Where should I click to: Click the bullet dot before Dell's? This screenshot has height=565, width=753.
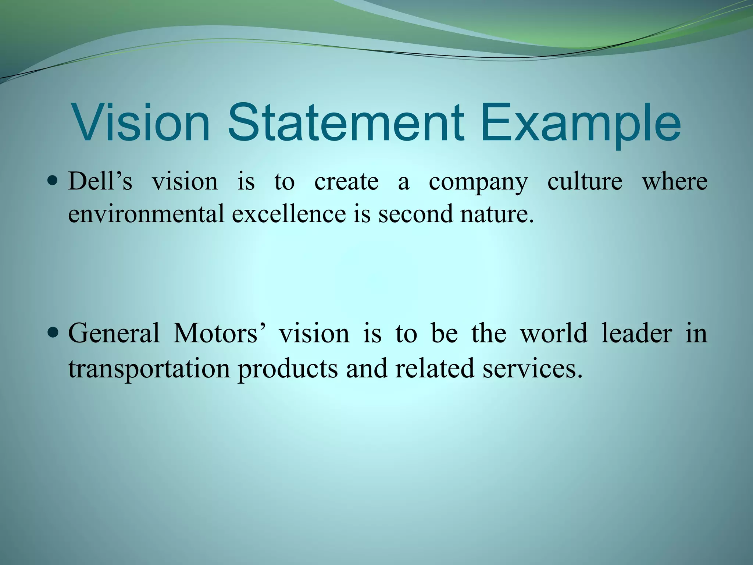tap(53, 181)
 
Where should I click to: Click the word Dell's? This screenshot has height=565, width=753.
tap(100, 181)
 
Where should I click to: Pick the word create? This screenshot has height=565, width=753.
tap(346, 182)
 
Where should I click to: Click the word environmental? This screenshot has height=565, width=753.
tap(146, 214)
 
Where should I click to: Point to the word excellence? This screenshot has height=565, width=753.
tap(289, 214)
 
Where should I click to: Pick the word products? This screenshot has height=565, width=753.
tap(288, 369)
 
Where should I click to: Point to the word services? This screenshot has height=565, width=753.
tap(532, 369)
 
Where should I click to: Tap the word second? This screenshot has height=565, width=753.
tap(415, 214)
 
